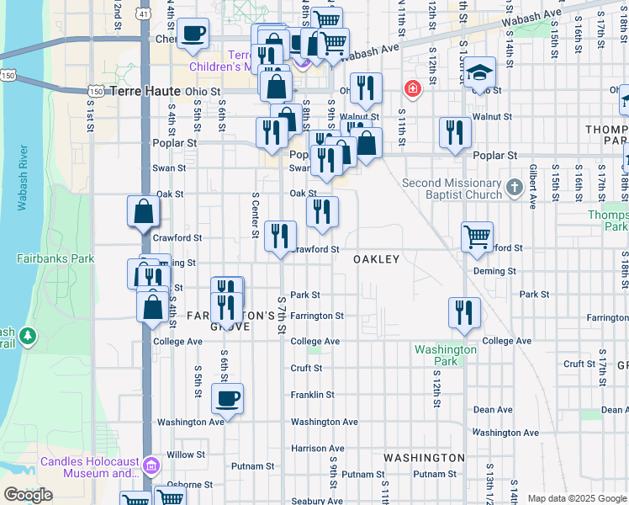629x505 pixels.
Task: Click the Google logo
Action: tap(28, 495)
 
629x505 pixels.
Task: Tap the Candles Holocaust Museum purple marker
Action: tap(151, 465)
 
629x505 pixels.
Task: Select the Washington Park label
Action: tap(446, 355)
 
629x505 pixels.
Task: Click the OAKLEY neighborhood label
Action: tap(376, 259)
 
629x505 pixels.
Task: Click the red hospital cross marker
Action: tap(413, 88)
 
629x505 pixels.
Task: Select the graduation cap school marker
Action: tap(480, 74)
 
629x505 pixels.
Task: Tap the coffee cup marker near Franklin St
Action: tap(227, 397)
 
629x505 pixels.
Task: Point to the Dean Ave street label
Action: tap(493, 410)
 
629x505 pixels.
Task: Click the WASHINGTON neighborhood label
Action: tap(424, 458)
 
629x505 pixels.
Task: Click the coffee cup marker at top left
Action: tap(193, 34)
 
